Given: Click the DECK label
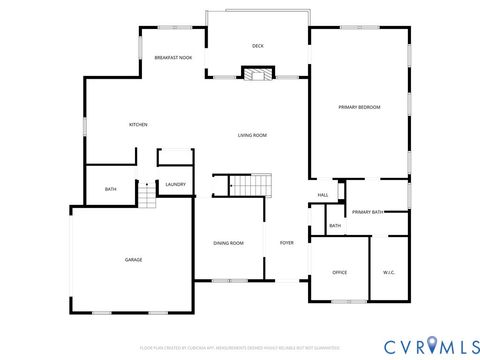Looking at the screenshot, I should [x=257, y=46].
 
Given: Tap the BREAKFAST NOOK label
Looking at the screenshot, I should [x=173, y=59].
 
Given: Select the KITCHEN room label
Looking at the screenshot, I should [x=138, y=124].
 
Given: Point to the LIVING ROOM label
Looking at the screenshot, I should [x=252, y=135].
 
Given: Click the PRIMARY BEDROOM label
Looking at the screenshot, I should [x=359, y=107].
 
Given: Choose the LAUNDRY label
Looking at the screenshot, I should [x=176, y=184].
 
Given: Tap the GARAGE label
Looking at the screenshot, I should [x=133, y=260].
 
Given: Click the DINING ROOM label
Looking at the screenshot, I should [x=228, y=243].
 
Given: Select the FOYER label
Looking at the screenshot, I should [x=286, y=243].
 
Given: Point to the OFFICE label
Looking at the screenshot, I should [x=339, y=272].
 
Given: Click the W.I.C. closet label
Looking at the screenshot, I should [x=389, y=272].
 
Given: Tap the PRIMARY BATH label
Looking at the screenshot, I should [x=367, y=212].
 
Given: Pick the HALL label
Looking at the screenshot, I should [x=323, y=194].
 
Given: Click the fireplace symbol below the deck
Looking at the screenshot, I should [x=258, y=73].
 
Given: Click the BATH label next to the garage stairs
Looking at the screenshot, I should [x=110, y=189].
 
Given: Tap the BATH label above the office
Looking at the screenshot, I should [x=334, y=226].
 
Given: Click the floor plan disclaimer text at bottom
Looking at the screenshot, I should [x=240, y=349].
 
